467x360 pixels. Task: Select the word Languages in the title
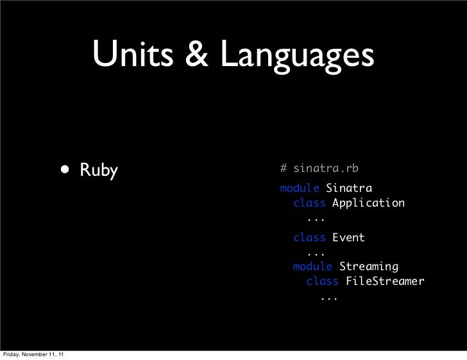point(296,57)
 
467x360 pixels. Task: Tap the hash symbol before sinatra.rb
point(284,169)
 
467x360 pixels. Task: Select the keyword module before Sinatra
point(300,188)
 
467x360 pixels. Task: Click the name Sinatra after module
point(348,188)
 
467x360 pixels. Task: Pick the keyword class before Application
point(309,203)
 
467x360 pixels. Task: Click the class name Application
point(368,203)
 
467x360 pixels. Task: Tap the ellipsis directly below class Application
point(316,218)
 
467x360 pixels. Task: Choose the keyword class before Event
point(309,237)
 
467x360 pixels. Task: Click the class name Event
point(348,237)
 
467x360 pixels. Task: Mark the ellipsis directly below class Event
point(316,252)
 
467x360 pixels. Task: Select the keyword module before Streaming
point(312,266)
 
